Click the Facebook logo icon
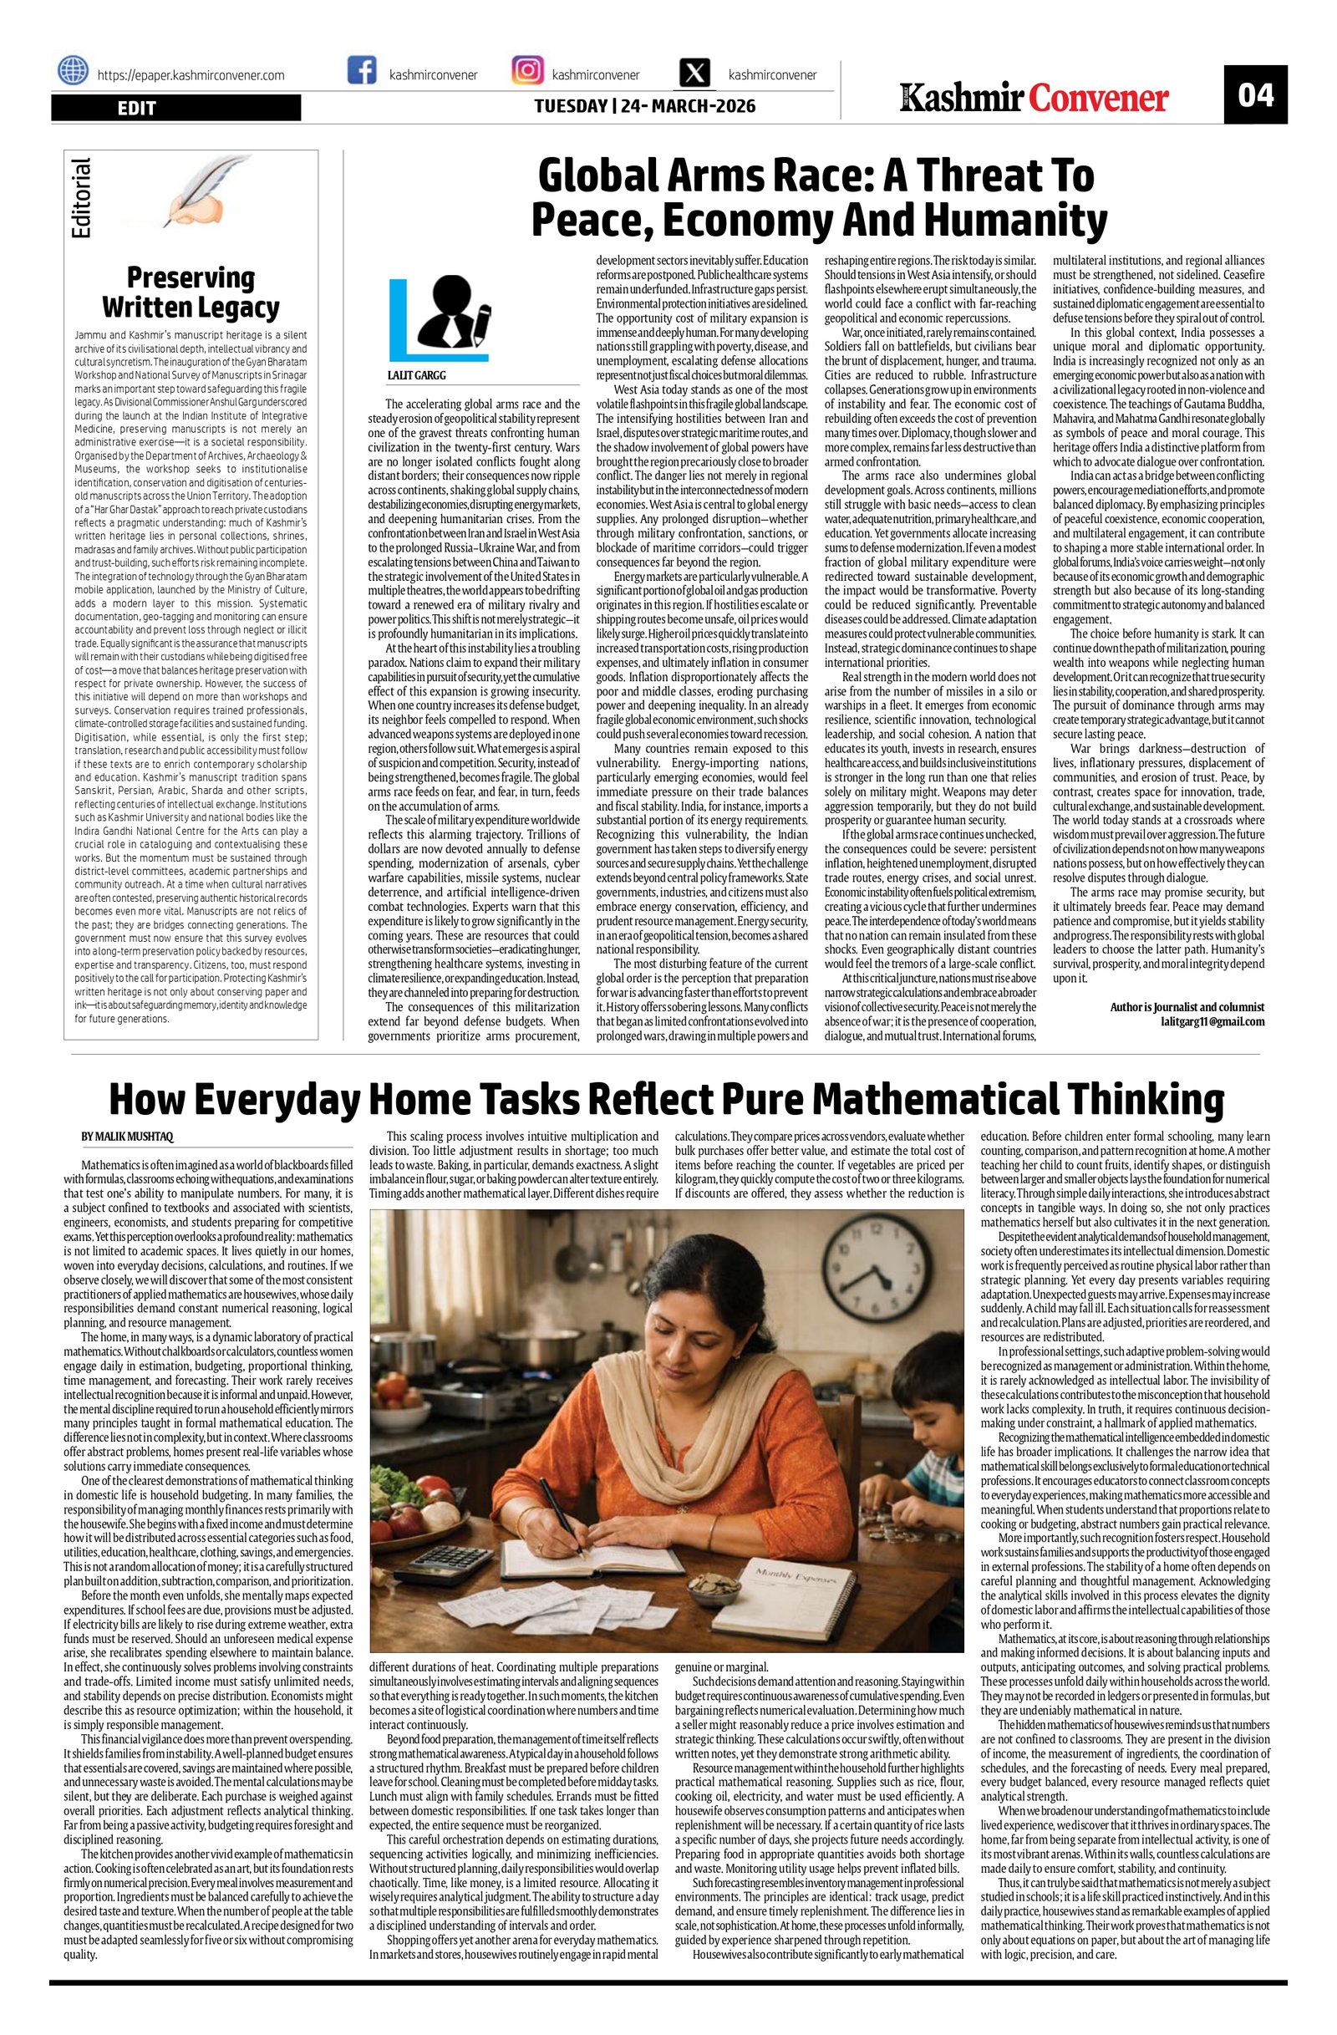(x=362, y=70)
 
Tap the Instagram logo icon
(x=526, y=70)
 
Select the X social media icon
(x=694, y=72)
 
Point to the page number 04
(x=1255, y=94)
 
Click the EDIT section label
(x=136, y=108)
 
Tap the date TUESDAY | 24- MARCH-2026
(x=644, y=106)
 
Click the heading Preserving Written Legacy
(x=191, y=292)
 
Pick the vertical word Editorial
(x=82, y=198)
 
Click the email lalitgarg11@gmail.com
(x=1212, y=1021)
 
